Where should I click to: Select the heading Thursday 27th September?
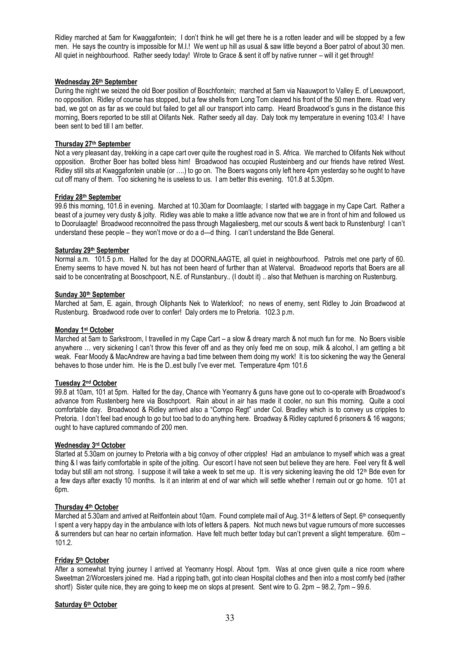click(93, 144)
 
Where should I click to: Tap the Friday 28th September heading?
click(88, 197)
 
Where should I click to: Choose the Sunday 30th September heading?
click(90, 295)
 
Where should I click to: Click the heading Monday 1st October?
click(84, 330)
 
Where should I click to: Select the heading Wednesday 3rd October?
click(90, 445)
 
